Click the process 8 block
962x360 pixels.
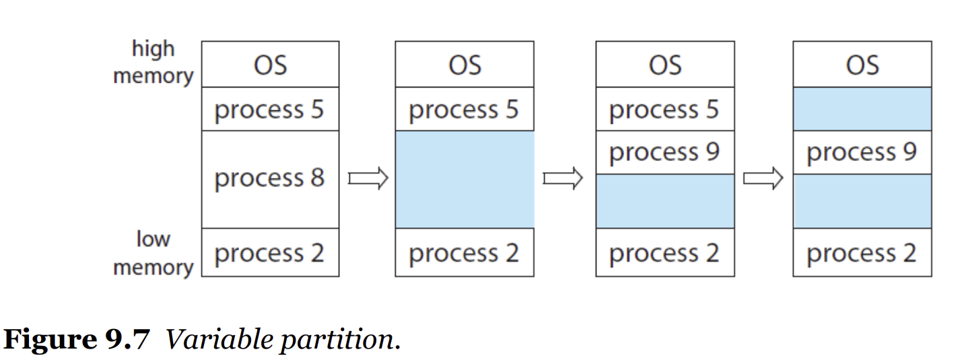click(270, 180)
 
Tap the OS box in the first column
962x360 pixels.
click(270, 65)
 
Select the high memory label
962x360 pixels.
click(153, 62)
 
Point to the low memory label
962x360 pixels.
click(153, 253)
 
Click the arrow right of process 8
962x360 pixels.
click(368, 178)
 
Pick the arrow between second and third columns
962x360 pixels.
click(563, 178)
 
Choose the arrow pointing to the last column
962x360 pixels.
click(763, 178)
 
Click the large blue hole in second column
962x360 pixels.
click(465, 180)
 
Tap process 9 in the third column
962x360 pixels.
click(665, 152)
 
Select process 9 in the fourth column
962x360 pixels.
click(862, 152)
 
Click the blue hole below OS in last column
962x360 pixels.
click(862, 109)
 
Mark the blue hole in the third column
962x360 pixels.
click(665, 201)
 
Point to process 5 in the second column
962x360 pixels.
click(465, 109)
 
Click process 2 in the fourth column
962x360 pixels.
click(862, 252)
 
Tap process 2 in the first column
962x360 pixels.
click(270, 252)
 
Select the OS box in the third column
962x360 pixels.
click(665, 65)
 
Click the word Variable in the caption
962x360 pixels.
click(219, 339)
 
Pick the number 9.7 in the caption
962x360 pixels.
click(127, 339)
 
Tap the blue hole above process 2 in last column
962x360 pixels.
click(862, 201)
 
